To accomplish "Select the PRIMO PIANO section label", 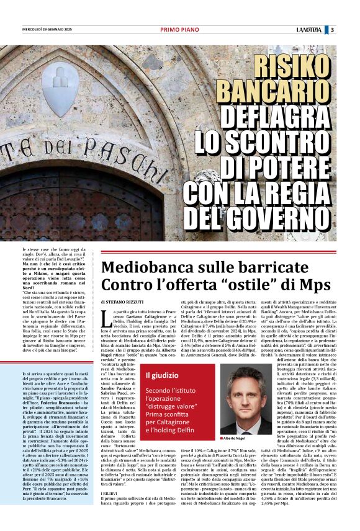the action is pos(179,29).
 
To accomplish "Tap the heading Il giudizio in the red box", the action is pos(161,375).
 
